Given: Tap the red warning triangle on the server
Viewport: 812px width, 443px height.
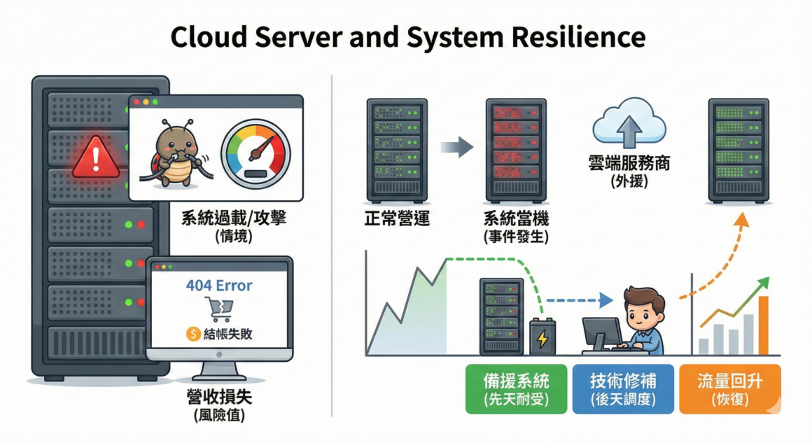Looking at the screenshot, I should (x=97, y=157).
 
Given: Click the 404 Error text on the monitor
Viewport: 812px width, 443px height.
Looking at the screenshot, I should (x=219, y=286).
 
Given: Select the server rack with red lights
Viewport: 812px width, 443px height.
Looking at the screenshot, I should (x=517, y=150).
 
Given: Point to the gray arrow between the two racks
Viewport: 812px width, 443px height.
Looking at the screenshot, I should (x=457, y=147).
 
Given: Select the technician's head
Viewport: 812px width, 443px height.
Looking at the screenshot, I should (x=643, y=305).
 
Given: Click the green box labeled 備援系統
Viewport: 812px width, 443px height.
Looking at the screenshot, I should (x=517, y=388).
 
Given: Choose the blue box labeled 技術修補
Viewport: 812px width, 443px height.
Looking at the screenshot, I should (x=622, y=388).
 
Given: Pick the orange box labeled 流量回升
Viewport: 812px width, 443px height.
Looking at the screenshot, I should (x=729, y=388).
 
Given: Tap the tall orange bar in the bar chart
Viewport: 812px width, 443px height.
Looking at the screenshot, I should (x=763, y=325).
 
